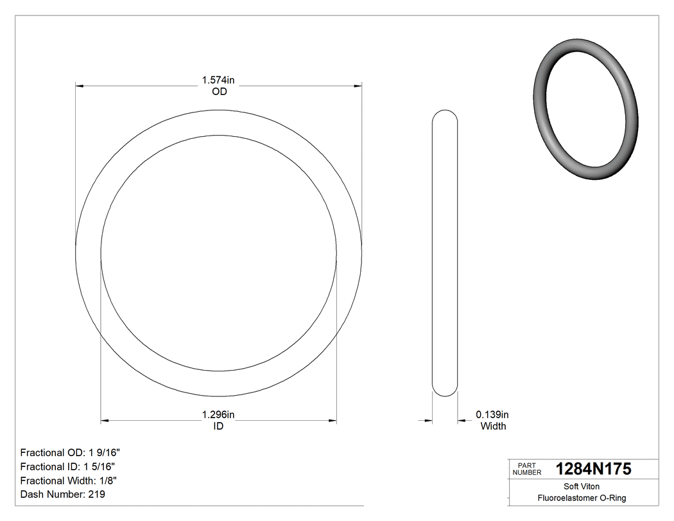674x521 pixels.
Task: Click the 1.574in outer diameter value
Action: (219, 80)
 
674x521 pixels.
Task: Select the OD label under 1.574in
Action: (219, 91)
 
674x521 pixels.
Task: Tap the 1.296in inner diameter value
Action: (218, 415)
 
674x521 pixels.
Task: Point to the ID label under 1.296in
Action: (218, 426)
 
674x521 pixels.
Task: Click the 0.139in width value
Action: (492, 415)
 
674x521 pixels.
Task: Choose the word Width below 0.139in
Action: (493, 426)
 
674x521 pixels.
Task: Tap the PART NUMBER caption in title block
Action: (527, 469)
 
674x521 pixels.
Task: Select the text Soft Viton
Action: (582, 486)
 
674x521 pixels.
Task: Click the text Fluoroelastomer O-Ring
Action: (582, 498)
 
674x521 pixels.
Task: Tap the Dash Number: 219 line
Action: (63, 495)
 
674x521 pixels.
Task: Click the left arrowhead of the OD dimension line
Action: (80, 85)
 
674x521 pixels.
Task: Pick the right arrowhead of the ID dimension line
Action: (333, 421)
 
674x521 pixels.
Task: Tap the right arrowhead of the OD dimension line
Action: (358, 85)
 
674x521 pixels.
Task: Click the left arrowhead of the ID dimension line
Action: (105, 421)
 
